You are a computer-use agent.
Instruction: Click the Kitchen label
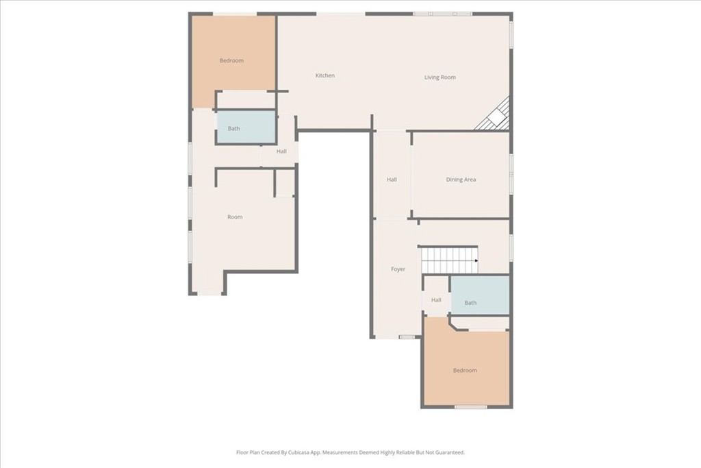point(325,75)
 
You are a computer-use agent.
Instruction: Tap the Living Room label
point(440,77)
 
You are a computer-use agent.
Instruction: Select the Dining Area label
point(461,180)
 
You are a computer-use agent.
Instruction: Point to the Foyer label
point(398,269)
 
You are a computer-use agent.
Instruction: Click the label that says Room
point(235,217)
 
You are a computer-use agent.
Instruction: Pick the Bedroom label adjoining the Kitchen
point(231,60)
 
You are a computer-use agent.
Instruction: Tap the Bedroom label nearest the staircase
point(465,371)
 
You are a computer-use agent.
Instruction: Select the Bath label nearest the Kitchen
point(234,128)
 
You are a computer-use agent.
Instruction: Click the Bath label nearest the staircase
point(470,303)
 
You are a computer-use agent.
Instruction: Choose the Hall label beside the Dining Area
point(392,180)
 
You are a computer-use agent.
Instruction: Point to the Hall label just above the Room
point(281,151)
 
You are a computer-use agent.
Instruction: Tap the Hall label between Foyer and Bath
point(436,300)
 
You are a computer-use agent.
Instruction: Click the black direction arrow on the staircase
point(476,261)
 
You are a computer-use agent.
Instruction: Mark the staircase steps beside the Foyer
point(449,260)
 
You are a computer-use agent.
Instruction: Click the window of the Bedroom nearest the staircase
point(470,407)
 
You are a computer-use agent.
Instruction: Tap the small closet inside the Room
point(284,182)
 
